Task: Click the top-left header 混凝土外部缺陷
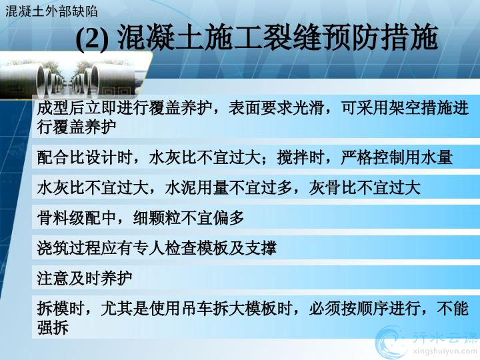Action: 51,11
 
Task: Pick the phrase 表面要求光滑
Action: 277,108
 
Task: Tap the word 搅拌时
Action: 300,157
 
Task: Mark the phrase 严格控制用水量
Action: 397,157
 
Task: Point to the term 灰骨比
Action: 333,187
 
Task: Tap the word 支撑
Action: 261,248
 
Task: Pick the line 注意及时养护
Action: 85,278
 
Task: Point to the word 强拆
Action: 53,327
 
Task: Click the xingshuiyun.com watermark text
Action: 445,351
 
